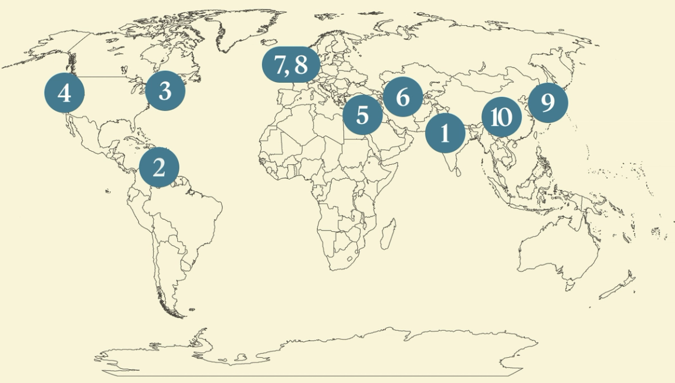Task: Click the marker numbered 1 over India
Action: tap(445, 134)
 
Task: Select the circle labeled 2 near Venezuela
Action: tap(159, 168)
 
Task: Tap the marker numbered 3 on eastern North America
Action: tap(165, 91)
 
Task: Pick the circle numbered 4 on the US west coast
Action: tap(65, 93)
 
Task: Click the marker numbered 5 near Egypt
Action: tap(362, 115)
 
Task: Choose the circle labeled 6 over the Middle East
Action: tap(402, 97)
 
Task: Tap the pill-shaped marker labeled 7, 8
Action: tap(291, 65)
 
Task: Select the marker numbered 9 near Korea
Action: tap(548, 103)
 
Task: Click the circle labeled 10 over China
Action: tap(501, 117)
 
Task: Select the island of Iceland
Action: tap(272, 45)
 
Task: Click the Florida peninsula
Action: tap(137, 126)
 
